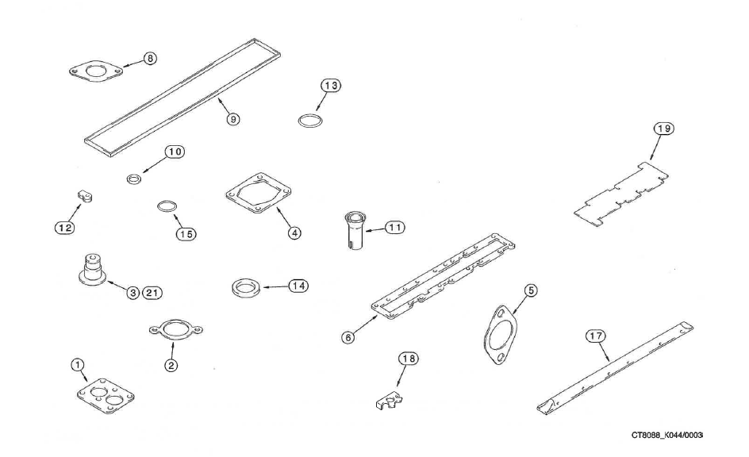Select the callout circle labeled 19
663,129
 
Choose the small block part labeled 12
86,194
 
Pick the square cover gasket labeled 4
259,195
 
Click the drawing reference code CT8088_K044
666,435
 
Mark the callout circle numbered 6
348,337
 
